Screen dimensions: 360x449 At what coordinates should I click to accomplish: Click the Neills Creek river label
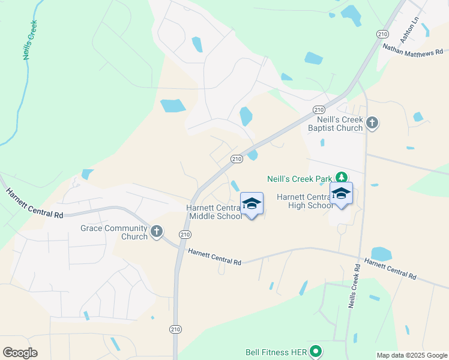click(29, 40)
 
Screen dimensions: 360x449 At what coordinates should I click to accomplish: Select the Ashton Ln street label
click(414, 26)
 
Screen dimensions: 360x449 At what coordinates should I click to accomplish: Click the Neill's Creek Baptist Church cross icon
click(372, 124)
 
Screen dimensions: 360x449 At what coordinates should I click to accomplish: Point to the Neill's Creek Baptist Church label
click(336, 124)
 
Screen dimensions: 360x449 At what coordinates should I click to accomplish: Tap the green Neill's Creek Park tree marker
click(342, 178)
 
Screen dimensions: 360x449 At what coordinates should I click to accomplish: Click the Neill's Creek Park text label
click(300, 178)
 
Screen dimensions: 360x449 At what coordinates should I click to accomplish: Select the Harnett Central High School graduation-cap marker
click(342, 194)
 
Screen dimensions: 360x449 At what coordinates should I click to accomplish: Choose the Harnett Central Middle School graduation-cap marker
click(252, 204)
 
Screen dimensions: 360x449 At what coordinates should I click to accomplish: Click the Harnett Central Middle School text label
click(214, 212)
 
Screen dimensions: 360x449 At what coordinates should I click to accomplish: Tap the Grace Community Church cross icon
click(157, 232)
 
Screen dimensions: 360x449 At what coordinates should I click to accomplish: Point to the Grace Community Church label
click(114, 232)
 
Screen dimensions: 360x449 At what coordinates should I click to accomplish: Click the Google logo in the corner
click(20, 353)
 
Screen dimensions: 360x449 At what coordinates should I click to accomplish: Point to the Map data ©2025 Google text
click(412, 355)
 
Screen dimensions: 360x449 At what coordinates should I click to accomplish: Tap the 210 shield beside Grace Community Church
click(185, 234)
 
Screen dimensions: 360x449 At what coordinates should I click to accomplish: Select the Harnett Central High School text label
click(304, 201)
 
